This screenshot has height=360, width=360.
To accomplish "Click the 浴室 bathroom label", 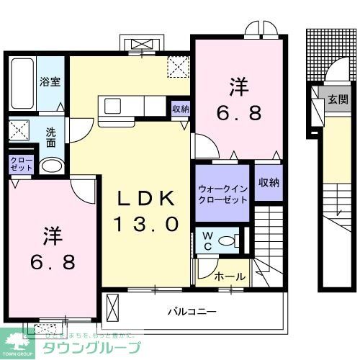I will coord(50,82).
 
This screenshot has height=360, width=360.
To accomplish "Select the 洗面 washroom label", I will coord(51,138).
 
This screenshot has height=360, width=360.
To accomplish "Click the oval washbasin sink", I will coord(50,166).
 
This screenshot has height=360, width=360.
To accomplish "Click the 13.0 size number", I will coord(145,224).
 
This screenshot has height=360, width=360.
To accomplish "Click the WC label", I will coord(207,240).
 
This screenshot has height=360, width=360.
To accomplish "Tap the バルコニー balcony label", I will coord(192,312).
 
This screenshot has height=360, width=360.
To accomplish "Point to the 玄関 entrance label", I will coord(337,100).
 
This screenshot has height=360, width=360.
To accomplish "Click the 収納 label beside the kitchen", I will coord(181,109).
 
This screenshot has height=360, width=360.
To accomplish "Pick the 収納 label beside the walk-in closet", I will coord(268,183).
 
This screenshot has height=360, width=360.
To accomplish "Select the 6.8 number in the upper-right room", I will coord(240,113).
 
